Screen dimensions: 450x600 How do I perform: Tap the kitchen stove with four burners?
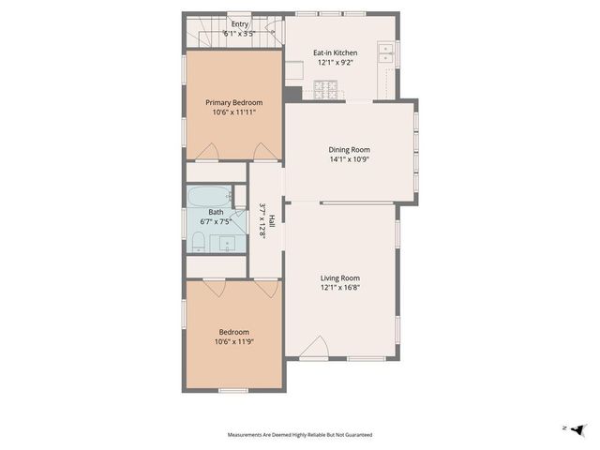[325, 91]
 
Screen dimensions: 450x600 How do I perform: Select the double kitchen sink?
[385, 53]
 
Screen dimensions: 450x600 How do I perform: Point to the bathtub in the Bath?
[207, 197]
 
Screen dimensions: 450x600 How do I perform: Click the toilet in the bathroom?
[199, 243]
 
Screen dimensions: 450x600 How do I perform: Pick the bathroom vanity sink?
[228, 244]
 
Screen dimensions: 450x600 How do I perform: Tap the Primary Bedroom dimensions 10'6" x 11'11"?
[233, 112]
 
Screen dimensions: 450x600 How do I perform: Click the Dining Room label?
[349, 149]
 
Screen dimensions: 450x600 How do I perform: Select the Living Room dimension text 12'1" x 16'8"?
[340, 288]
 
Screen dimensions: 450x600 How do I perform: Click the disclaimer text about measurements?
[300, 434]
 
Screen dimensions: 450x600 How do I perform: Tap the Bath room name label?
[216, 213]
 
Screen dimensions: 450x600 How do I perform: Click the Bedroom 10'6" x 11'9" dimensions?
[234, 341]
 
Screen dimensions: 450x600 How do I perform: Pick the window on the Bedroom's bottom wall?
[232, 389]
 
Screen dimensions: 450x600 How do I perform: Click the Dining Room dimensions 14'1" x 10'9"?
[349, 159]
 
